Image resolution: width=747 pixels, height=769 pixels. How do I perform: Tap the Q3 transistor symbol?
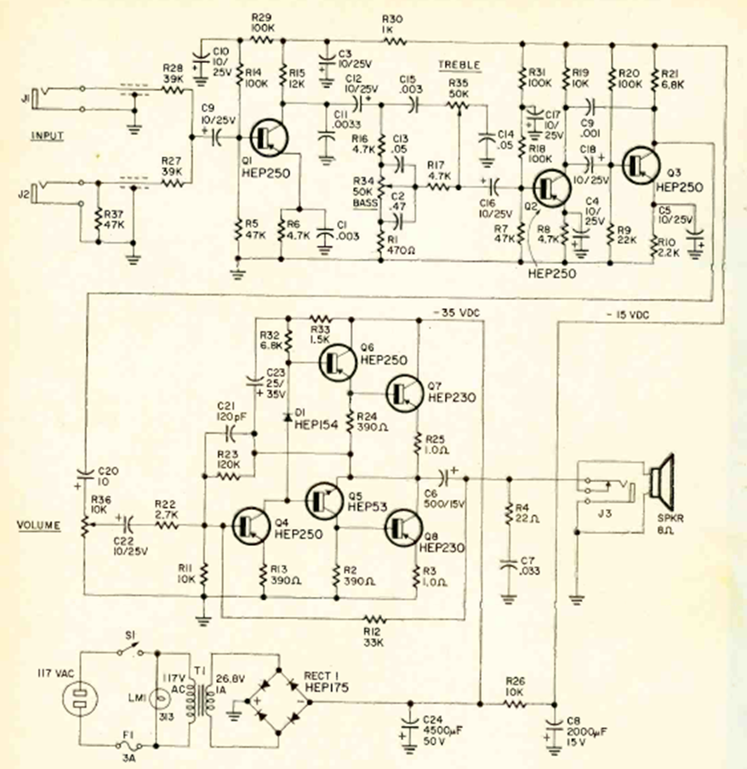(640, 164)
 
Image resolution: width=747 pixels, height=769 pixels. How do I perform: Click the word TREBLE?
(459, 65)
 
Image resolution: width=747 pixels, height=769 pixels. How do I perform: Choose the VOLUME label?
(39, 525)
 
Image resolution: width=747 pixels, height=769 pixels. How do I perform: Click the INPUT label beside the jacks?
(48, 135)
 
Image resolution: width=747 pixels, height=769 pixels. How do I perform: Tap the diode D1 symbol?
(286, 416)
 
